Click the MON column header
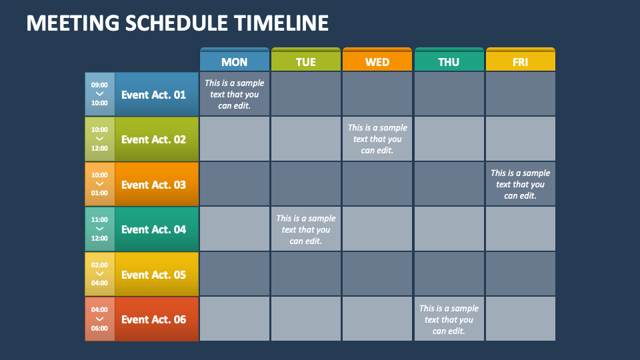234,59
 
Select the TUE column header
306,59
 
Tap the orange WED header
377,59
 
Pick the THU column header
449,59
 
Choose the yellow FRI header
521,59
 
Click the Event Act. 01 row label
153,95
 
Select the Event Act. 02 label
153,139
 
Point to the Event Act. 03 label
153,185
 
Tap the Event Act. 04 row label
153,230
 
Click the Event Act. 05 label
153,275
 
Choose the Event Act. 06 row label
153,319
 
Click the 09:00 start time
99,85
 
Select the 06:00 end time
99,328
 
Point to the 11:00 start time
99,219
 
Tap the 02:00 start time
99,265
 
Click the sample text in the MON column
234,94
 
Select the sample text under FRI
521,184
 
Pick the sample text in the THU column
449,319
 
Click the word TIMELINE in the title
281,23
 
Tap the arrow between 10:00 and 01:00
99,184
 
